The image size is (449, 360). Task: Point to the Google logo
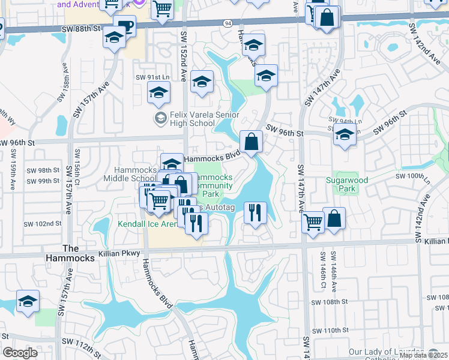(20, 353)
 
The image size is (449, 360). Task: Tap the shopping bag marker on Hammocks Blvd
(252, 143)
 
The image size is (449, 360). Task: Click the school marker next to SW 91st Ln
(159, 93)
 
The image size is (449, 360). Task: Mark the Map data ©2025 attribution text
(423, 355)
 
